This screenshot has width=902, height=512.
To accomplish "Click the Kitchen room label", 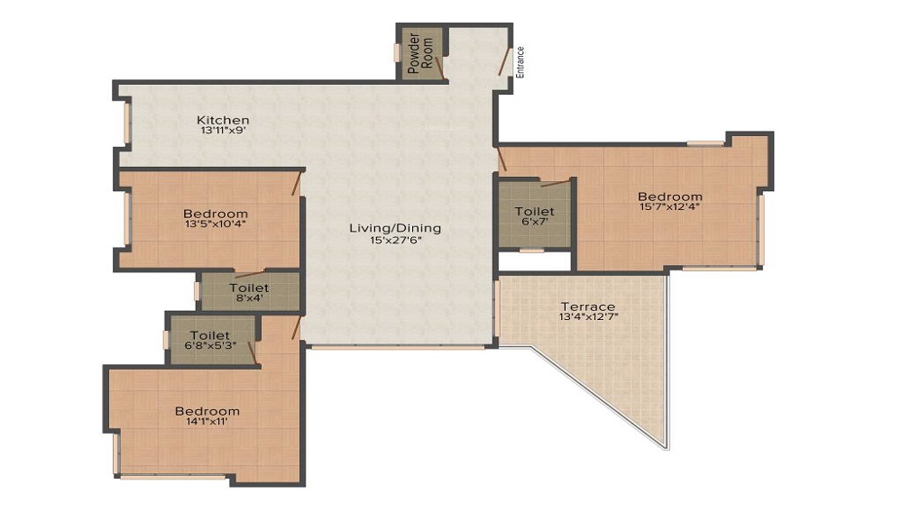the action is click(223, 120).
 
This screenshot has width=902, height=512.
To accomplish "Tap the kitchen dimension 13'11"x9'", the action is click(223, 131).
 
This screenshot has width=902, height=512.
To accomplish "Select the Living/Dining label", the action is click(395, 228).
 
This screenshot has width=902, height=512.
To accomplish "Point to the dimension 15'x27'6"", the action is click(395, 240).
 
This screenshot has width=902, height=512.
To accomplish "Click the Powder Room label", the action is click(420, 53).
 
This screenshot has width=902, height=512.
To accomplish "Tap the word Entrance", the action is click(520, 62).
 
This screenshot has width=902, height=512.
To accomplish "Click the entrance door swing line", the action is click(504, 62).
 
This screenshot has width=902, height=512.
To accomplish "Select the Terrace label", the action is click(588, 306).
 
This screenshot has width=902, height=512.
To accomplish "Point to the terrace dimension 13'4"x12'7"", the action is click(588, 316).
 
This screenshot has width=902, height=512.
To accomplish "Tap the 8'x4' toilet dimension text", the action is click(249, 298).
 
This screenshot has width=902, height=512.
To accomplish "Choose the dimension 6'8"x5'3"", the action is click(210, 345).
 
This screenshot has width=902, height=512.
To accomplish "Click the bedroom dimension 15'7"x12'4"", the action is click(670, 206).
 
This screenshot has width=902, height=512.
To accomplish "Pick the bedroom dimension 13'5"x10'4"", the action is click(216, 224).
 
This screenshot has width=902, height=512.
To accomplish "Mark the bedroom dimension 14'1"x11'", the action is click(207, 421).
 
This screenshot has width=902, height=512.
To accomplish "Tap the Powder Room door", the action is click(439, 67).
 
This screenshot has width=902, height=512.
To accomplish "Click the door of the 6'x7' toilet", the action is click(556, 183).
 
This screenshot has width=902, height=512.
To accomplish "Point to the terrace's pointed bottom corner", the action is click(668, 448).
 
